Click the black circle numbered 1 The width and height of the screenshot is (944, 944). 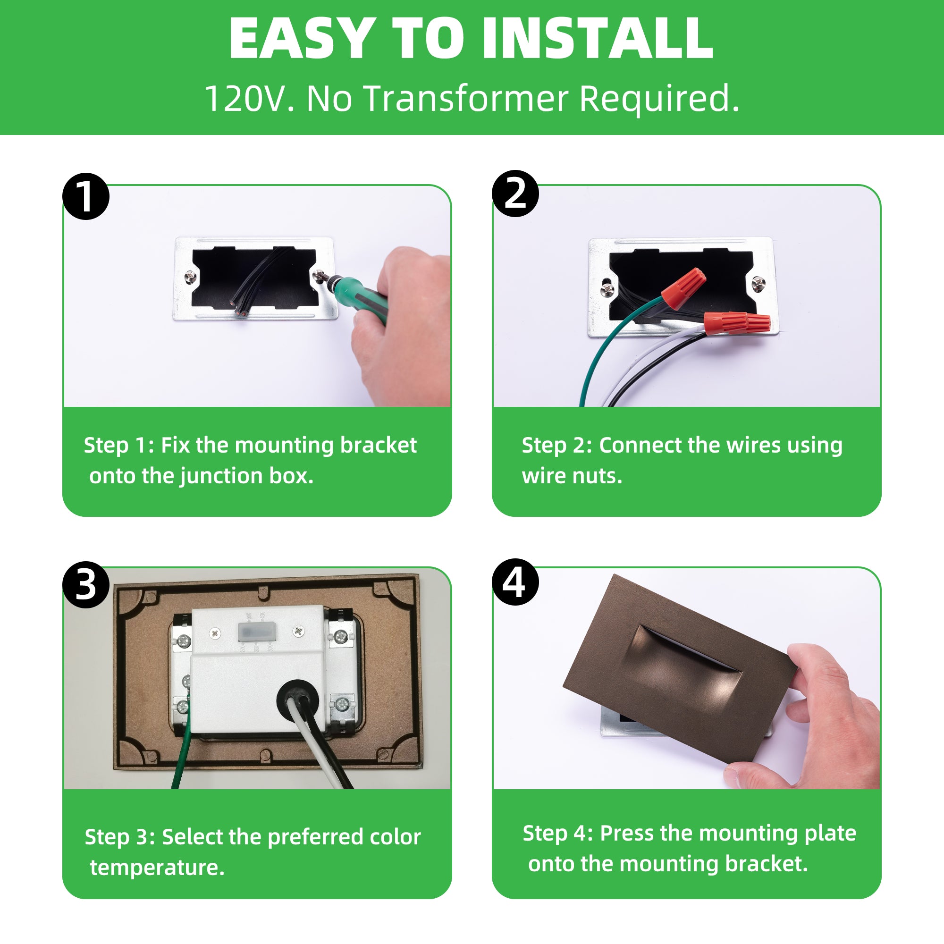click(85, 196)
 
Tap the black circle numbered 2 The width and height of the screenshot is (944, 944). click(515, 194)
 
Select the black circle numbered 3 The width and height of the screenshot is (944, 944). click(86, 584)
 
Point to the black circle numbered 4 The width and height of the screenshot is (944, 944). click(515, 582)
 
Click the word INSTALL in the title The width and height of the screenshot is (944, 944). click(597, 39)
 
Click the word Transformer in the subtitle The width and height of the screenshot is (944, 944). click(466, 99)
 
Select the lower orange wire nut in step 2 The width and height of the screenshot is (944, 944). click(737, 323)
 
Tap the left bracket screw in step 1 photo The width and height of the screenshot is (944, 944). click(191, 278)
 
